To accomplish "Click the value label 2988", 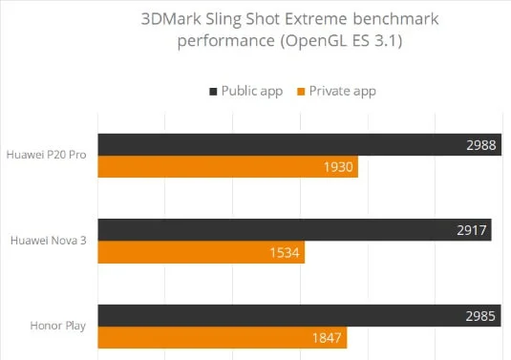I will [x=482, y=143].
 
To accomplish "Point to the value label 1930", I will [x=338, y=167].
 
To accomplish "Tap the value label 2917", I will [x=472, y=230].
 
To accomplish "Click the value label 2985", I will [x=481, y=316].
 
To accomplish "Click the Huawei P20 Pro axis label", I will [x=47, y=155].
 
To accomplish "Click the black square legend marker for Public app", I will [x=212, y=92].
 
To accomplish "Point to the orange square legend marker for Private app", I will [x=301, y=92].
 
